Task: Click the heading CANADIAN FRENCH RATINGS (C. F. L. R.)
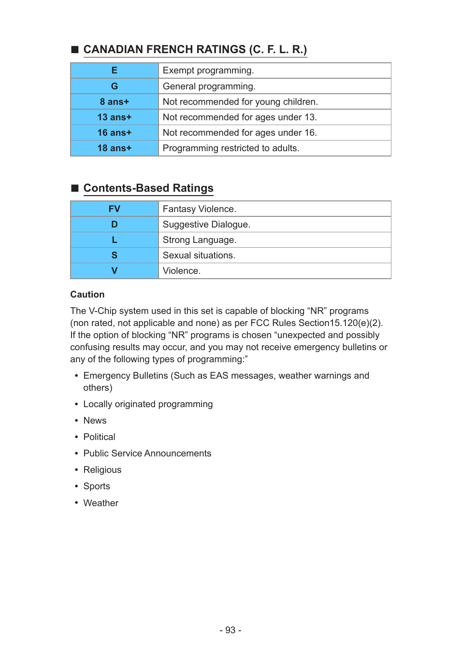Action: (x=195, y=50)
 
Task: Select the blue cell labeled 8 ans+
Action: (x=115, y=102)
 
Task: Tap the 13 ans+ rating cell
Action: (x=115, y=117)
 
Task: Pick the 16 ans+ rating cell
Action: (x=115, y=133)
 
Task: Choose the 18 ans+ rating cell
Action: (x=115, y=148)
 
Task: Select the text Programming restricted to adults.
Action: (x=231, y=148)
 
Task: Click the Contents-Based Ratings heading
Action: (x=148, y=188)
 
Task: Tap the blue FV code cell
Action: (x=115, y=209)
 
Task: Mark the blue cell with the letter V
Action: (x=115, y=271)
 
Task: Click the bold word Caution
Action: (x=87, y=295)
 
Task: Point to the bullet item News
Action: (x=95, y=421)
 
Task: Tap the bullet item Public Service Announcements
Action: (x=147, y=454)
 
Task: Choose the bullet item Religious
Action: (x=102, y=470)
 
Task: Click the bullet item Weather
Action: (x=101, y=503)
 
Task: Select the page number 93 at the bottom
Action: (x=230, y=630)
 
